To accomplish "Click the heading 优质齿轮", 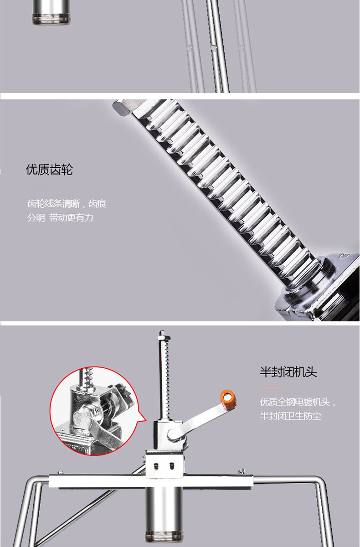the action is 49,170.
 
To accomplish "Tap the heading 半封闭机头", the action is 288,372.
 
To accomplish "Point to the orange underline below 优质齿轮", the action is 39,186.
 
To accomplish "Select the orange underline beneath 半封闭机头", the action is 272,387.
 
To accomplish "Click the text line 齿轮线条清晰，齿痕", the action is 67,203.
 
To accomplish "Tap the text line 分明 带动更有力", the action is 60,217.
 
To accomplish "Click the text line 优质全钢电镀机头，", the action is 298,402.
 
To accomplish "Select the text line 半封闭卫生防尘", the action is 290,416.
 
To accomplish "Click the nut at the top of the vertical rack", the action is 164,338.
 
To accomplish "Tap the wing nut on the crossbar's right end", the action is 241,470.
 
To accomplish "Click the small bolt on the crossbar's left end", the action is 60,473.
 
